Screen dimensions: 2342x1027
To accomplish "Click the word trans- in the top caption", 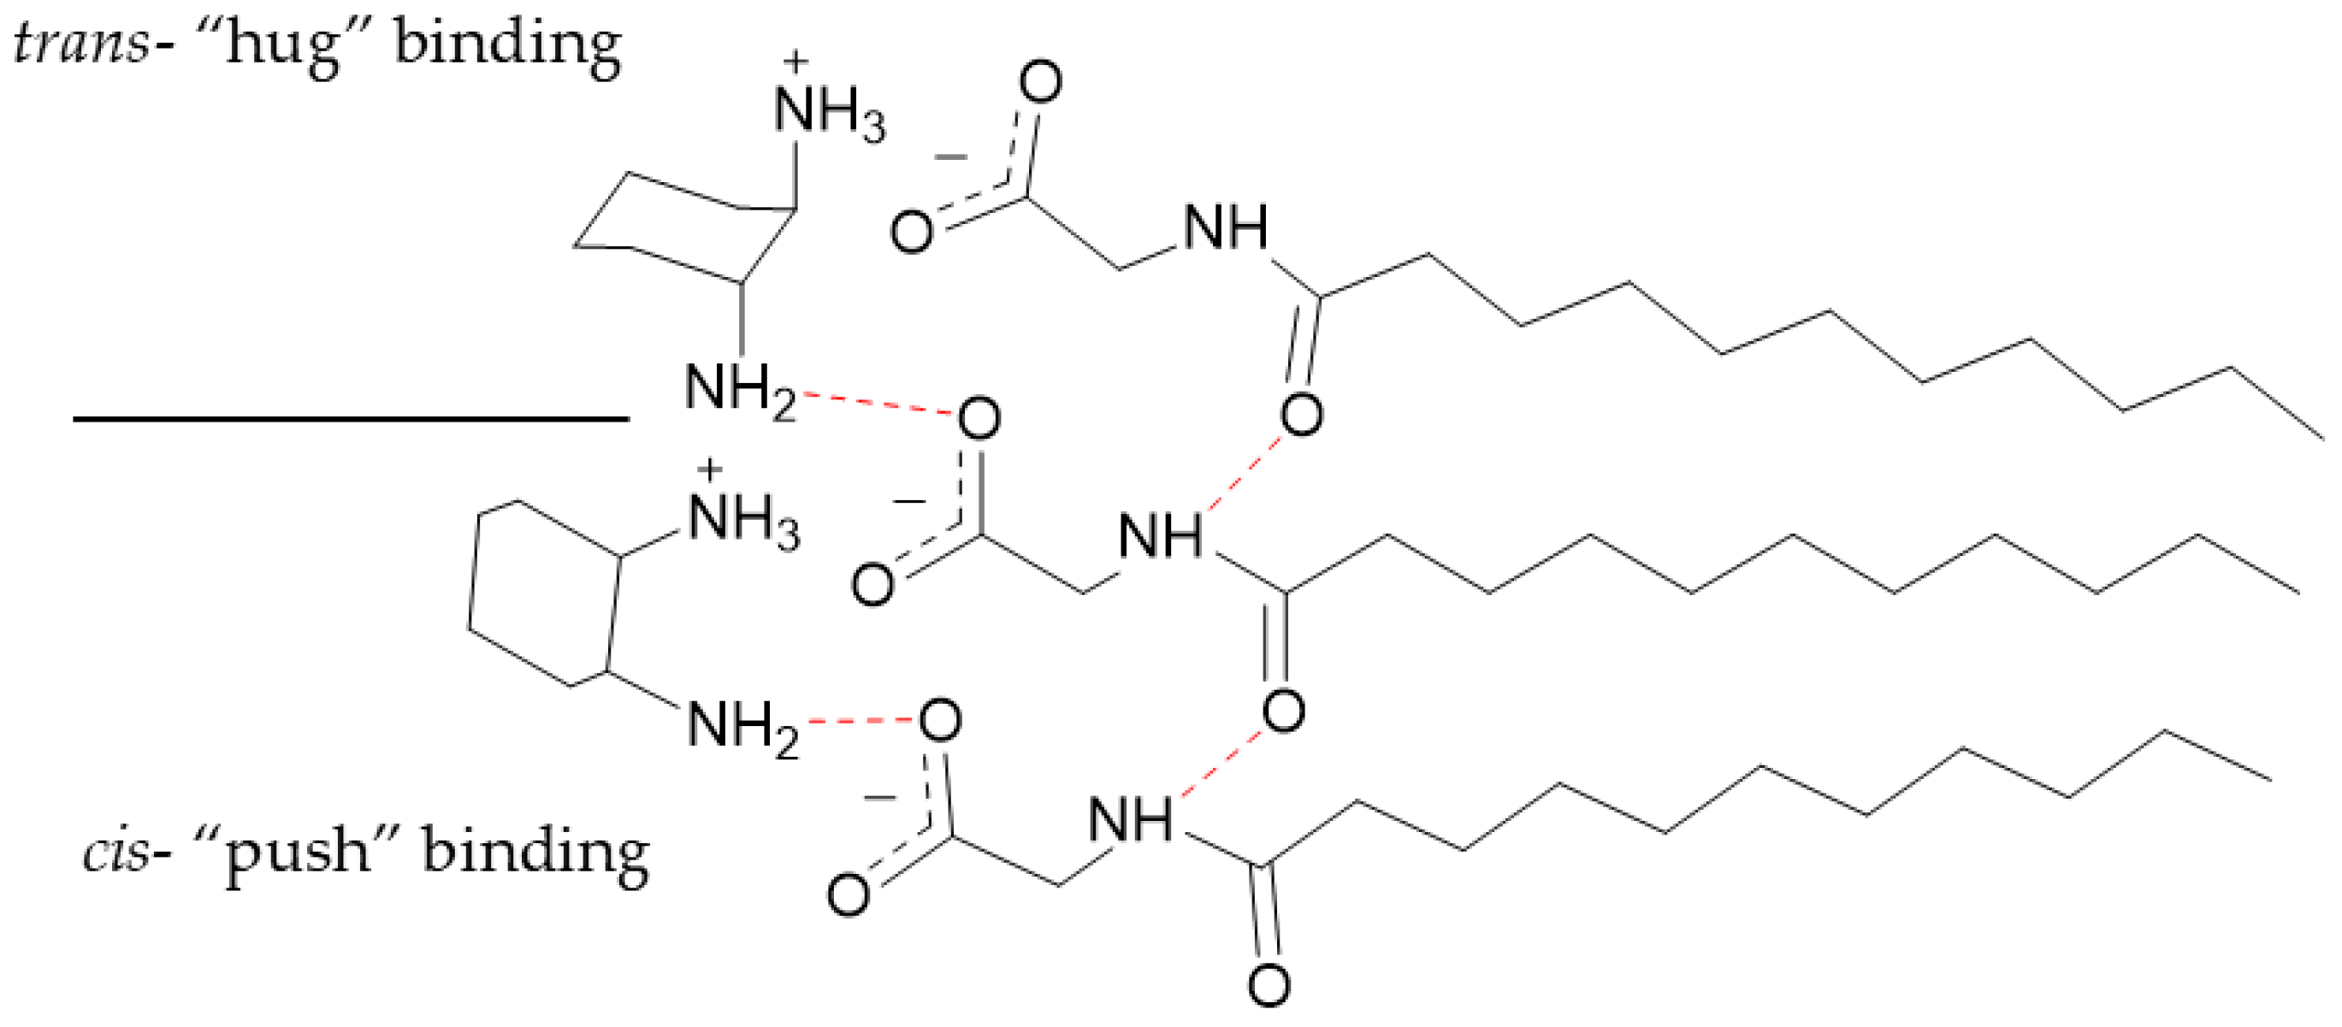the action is click(80, 43).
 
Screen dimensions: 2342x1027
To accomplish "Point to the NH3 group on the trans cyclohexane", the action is click(828, 114).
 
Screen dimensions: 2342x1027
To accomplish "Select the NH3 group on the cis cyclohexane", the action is click(743, 522).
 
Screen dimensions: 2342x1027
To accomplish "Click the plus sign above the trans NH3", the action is click(795, 62).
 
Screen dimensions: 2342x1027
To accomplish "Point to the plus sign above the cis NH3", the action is click(709, 469).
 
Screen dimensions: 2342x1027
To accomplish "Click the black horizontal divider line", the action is click(351, 419).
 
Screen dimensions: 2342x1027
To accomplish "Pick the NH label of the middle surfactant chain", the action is click(1160, 536).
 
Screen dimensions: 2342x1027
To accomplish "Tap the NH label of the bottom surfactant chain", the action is click(1130, 819).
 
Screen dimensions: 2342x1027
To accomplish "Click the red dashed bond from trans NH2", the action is click(878, 404).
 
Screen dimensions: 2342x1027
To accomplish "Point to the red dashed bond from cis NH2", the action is click(859, 722).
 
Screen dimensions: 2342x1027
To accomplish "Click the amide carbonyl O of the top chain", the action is click(1301, 416).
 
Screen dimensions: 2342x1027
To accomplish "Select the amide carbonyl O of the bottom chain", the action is click(1269, 985).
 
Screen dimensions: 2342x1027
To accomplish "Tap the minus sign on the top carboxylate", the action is click(951, 158).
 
